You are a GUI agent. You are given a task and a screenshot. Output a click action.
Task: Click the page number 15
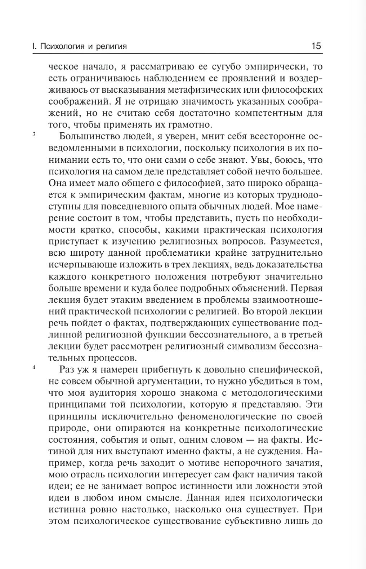[316, 46]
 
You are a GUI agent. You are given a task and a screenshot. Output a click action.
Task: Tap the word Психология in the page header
[61, 47]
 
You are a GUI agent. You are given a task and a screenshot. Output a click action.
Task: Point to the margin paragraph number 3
[34, 135]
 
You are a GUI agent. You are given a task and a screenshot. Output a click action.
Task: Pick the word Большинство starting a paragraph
[87, 137]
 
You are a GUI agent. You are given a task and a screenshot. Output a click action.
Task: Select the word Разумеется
[296, 241]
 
